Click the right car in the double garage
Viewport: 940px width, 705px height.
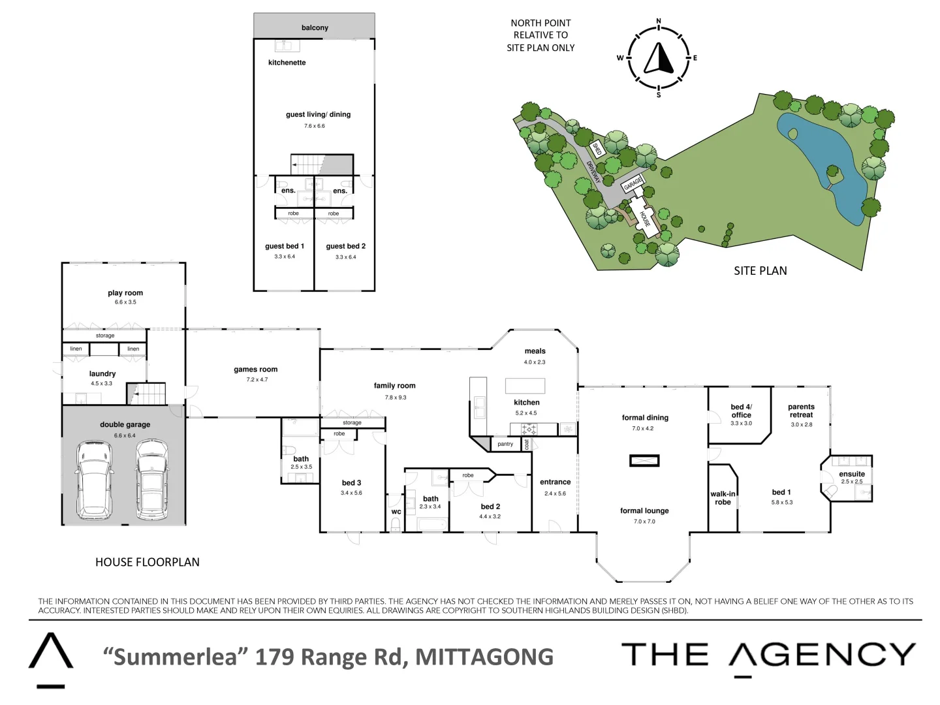click(152, 480)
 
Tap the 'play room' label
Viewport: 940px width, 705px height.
click(125, 293)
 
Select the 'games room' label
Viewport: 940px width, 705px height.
click(256, 369)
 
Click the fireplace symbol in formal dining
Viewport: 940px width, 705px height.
click(644, 461)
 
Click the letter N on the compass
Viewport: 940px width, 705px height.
click(658, 22)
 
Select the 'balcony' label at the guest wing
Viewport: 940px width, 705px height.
click(315, 28)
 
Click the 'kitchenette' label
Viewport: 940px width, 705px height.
click(287, 63)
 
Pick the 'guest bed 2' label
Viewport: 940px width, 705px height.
click(346, 246)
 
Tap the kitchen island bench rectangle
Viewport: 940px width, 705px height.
click(525, 385)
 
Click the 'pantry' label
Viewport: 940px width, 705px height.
click(505, 444)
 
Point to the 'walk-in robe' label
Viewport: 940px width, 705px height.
click(723, 498)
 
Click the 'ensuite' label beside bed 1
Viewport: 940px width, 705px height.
click(852, 474)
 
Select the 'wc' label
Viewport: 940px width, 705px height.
click(396, 512)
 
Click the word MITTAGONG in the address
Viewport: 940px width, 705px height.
click(484, 657)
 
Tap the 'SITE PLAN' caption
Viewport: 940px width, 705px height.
click(760, 271)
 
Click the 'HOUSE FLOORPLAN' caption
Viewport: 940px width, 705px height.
click(148, 562)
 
